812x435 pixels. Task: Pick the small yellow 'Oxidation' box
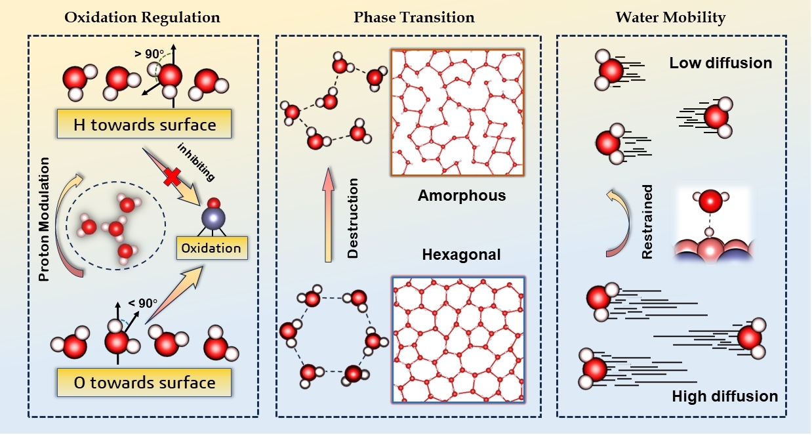pos(211,249)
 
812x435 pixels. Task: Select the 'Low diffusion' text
pos(720,64)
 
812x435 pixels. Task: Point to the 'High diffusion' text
pos(725,396)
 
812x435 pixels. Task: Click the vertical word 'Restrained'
pos(648,222)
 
